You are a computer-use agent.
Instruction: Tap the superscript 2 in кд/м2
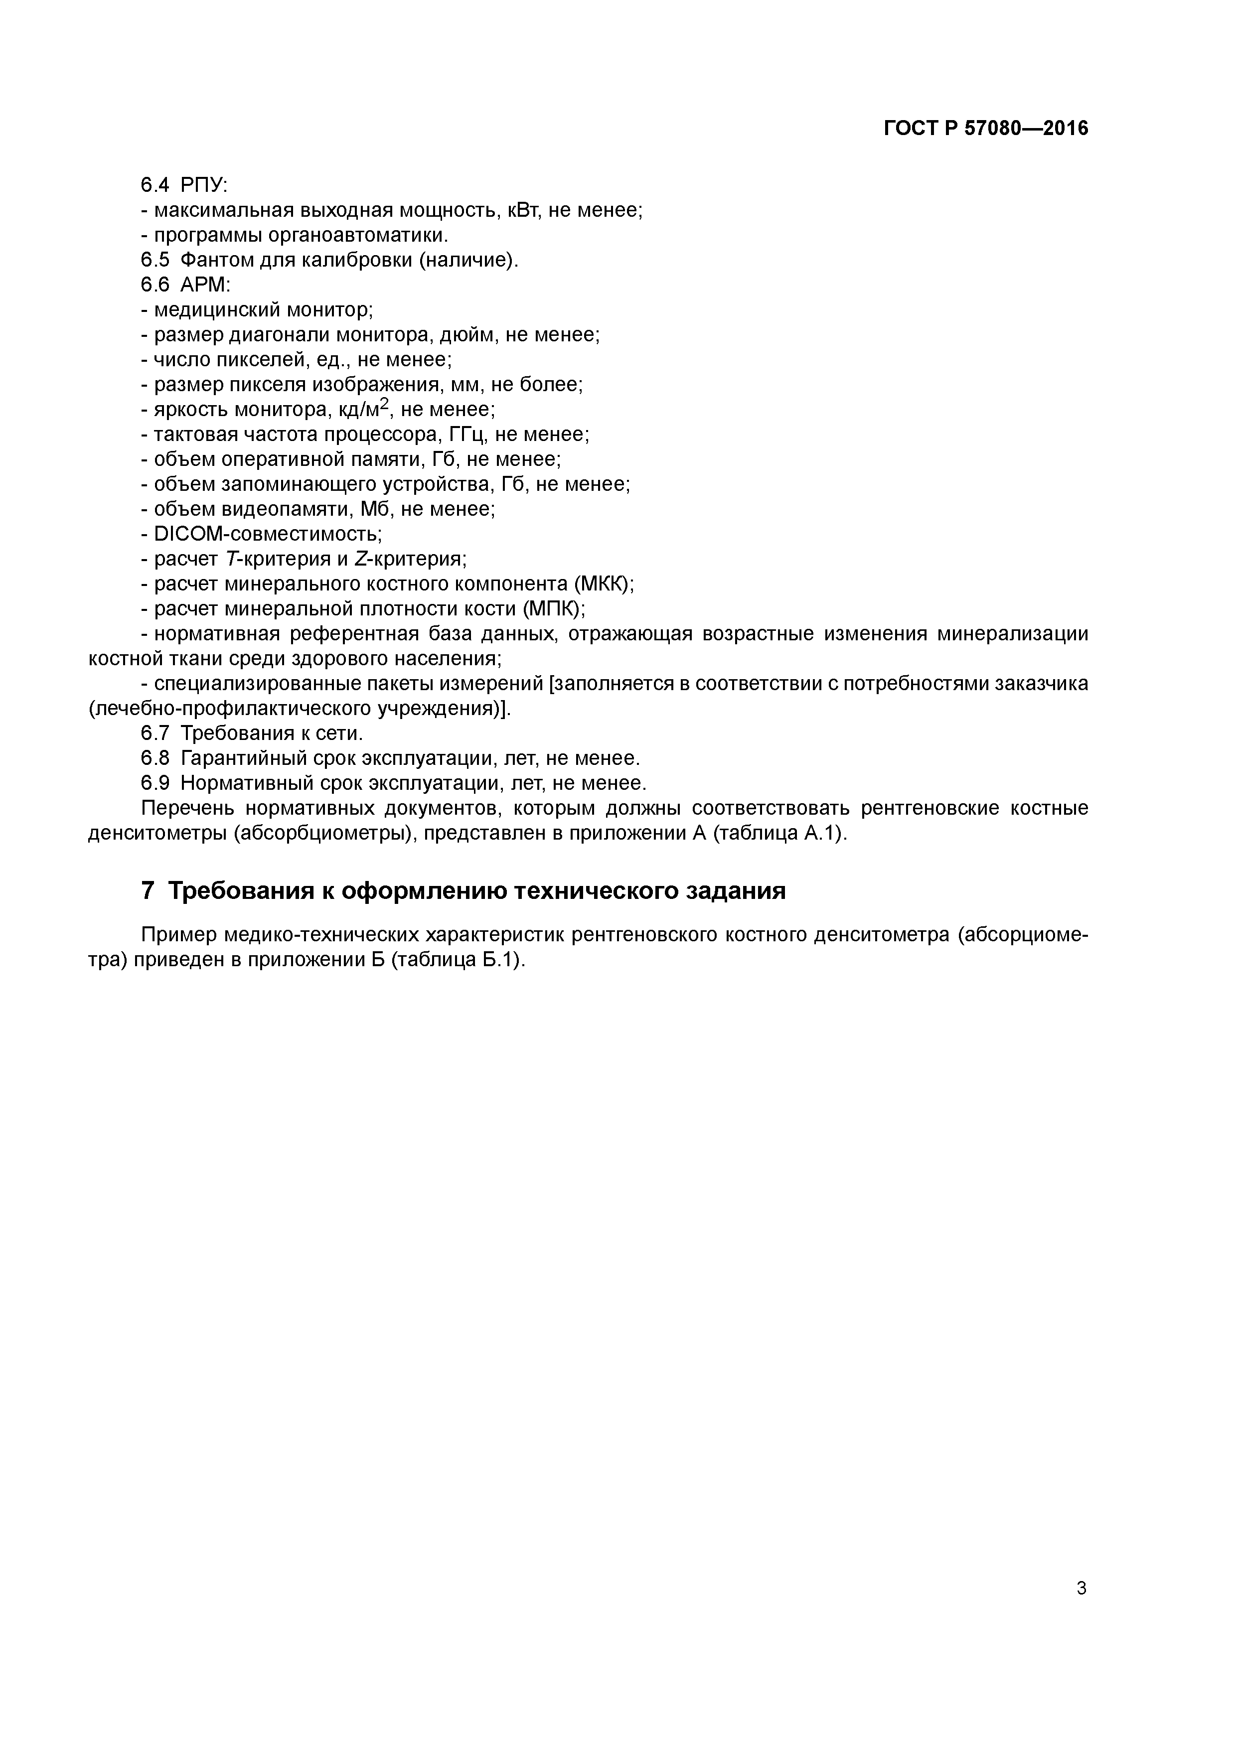[x=385, y=404]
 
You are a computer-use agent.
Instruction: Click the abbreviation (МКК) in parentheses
[x=604, y=584]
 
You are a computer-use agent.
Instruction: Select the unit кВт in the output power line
[x=524, y=210]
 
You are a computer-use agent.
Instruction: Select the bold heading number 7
[x=149, y=890]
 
